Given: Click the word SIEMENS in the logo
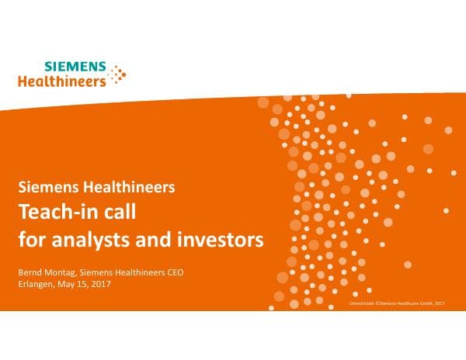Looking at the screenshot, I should [x=76, y=67].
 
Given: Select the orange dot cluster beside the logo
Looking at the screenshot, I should [x=118, y=74].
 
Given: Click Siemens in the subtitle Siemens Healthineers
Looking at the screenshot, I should [x=50, y=187].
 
